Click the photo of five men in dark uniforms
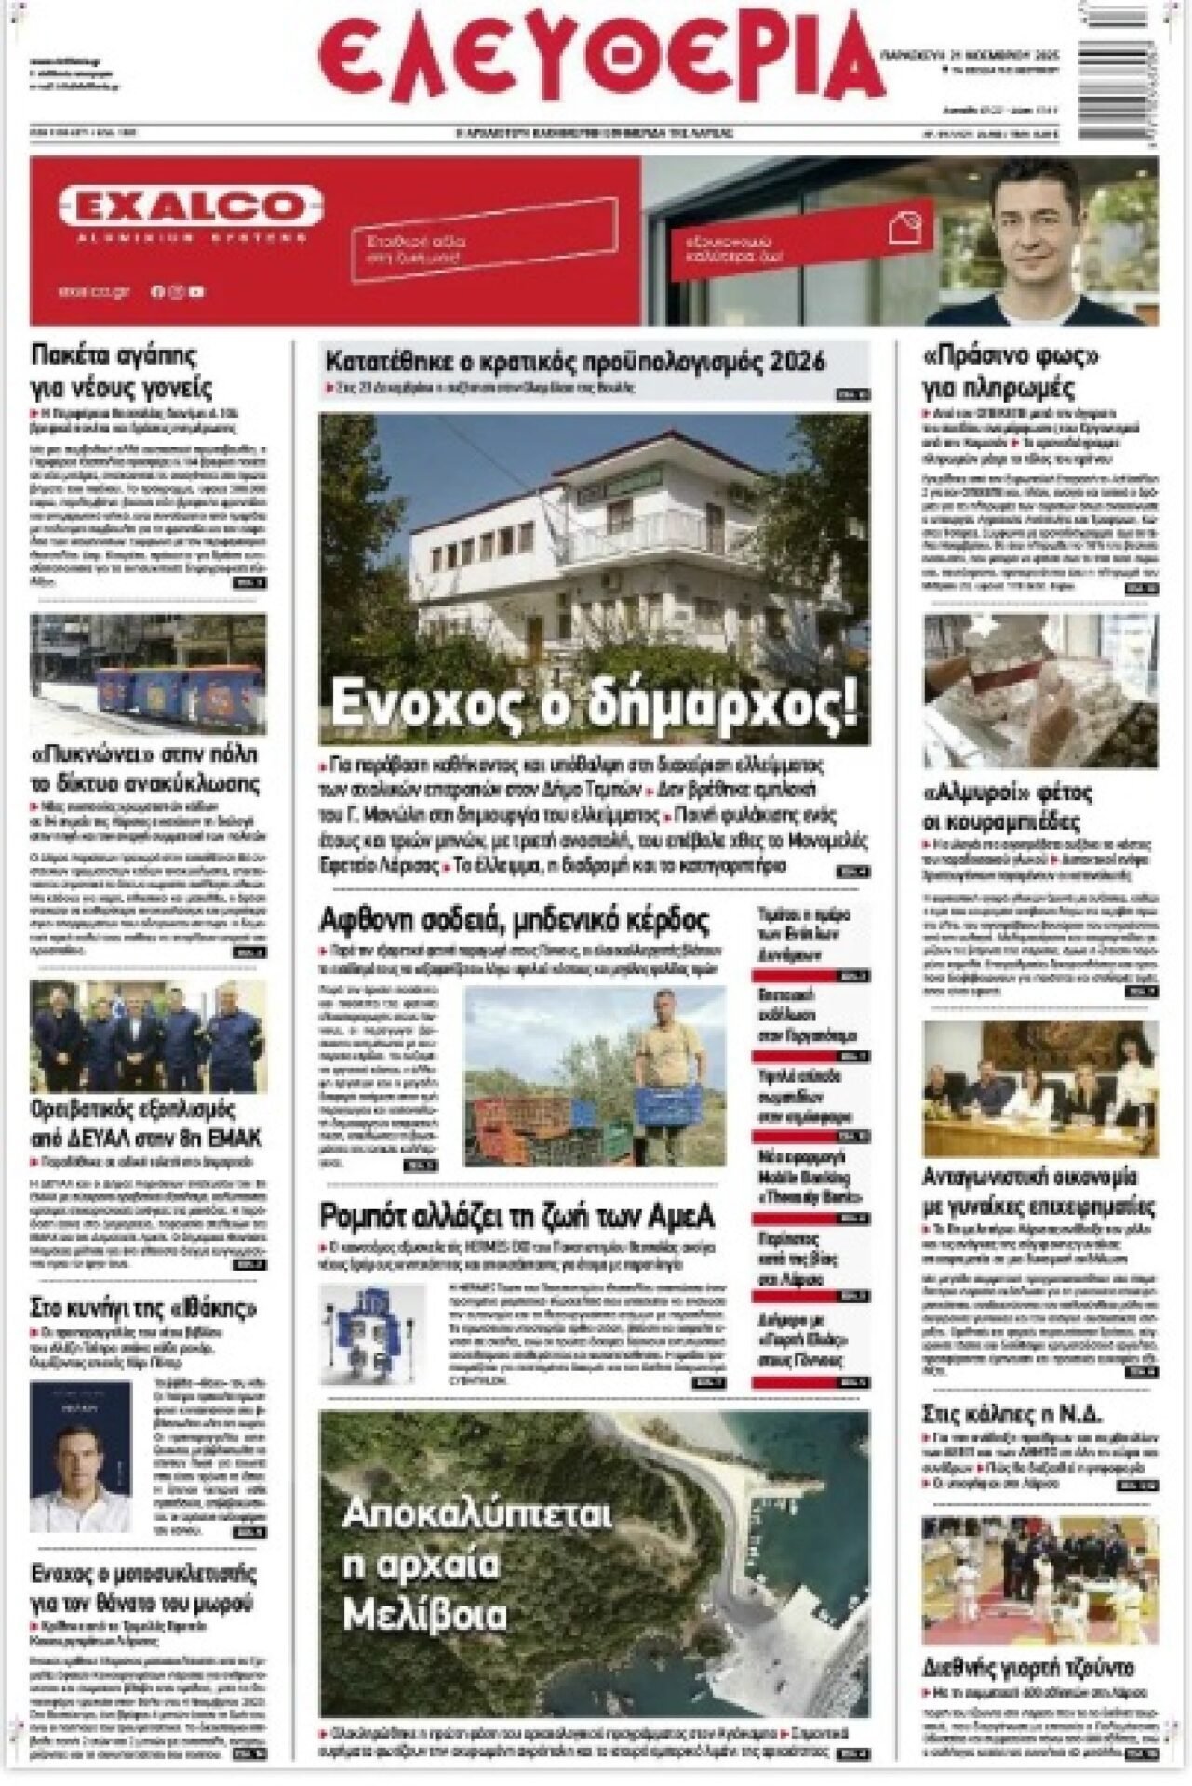(x=148, y=1035)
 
